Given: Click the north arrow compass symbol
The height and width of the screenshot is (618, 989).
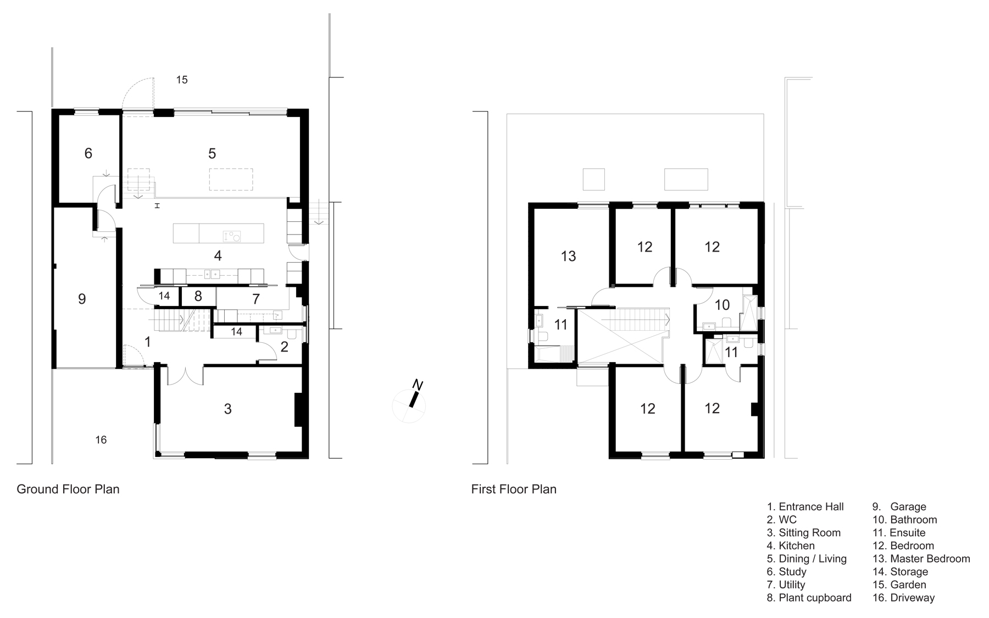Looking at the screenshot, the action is click(409, 404).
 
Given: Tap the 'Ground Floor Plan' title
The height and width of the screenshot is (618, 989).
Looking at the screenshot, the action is click(68, 489).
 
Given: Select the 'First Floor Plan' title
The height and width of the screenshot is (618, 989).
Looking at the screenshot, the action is click(514, 489).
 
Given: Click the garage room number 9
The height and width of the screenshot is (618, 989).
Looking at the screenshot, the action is click(82, 299).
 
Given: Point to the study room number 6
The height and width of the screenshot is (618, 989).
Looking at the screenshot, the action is click(88, 153).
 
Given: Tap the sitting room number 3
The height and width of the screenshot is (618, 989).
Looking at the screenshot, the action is click(227, 409).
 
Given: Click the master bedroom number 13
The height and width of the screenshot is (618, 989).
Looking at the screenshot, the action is click(568, 256).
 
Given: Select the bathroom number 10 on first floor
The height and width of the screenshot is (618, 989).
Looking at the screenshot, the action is click(722, 304).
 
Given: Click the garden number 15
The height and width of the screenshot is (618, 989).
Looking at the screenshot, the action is click(182, 80).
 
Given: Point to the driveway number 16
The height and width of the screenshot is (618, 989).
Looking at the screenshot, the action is click(101, 439).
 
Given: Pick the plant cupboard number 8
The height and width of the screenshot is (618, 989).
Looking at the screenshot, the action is click(198, 297).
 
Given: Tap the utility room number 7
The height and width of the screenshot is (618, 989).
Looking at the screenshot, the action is click(255, 299).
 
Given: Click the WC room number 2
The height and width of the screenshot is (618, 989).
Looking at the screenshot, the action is click(284, 347).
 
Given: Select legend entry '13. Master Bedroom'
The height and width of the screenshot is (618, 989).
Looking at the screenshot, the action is click(921, 559).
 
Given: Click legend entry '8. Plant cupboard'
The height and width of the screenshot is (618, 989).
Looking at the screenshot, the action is click(809, 598).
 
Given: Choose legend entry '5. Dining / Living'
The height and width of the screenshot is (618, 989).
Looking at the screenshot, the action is click(807, 559).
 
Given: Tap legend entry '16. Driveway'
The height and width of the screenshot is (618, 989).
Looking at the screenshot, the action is click(904, 598).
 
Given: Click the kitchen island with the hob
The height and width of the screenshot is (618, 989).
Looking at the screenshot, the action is click(218, 233).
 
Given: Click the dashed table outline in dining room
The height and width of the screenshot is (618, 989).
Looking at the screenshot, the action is click(231, 180).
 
